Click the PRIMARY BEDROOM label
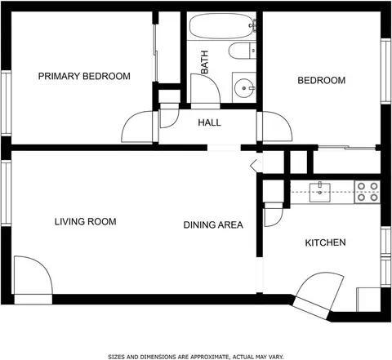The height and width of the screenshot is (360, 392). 84,76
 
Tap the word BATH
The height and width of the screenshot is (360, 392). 204,62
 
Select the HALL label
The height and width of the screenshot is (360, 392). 209,122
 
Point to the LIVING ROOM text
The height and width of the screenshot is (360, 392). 86,221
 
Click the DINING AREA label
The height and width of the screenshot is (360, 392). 213,225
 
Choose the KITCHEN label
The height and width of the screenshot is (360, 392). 325,242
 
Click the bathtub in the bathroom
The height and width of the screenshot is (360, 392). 222,26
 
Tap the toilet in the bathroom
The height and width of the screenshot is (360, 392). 242,51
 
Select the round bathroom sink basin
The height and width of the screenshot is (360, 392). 244,88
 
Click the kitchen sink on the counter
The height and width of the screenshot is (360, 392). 320,193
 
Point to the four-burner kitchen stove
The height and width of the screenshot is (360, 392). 367,193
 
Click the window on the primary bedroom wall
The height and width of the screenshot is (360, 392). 6,103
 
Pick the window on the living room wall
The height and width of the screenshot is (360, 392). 6,193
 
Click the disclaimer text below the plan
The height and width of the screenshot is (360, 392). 196,357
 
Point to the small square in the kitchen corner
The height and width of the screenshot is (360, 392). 368,300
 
